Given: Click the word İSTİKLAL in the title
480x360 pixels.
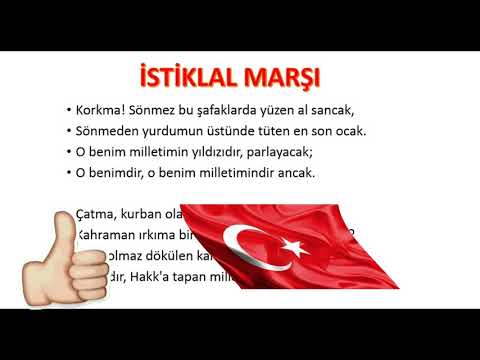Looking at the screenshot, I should pos(188,77).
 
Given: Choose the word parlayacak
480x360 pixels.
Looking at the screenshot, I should pos(311,152).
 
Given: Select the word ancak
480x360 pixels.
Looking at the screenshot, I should pos(319,173).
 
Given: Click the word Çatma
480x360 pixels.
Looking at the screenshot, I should pos(96,213).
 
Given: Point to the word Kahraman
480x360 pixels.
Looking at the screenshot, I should pos(107,234).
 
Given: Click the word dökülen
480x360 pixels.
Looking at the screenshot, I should pos(152,256).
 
